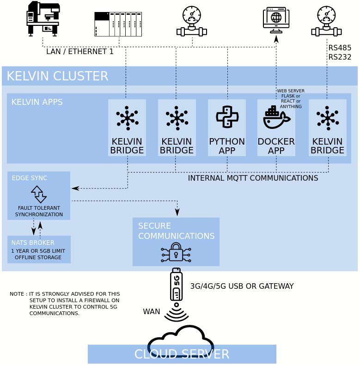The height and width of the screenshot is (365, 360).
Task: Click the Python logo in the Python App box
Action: pyautogui.click(x=227, y=117)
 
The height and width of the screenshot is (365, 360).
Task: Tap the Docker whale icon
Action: pyautogui.click(x=276, y=117)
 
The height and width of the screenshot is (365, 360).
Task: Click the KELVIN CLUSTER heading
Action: pyautogui.click(x=57, y=76)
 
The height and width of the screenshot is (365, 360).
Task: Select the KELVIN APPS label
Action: pyautogui.click(x=37, y=102)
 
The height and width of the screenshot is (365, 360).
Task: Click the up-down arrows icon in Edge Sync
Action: pyautogui.click(x=39, y=194)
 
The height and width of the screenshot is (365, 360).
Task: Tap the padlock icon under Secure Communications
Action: pyautogui.click(x=176, y=252)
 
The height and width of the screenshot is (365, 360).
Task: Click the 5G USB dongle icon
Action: pyautogui.click(x=176, y=284)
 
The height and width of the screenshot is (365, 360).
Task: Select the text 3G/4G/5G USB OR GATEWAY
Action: pyautogui.click(x=242, y=286)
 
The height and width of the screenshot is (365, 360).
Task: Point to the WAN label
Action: pyautogui.click(x=151, y=311)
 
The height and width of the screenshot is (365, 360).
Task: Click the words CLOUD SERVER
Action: pyautogui.click(x=182, y=354)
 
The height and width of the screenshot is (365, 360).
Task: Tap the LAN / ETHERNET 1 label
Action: pyautogui.click(x=79, y=51)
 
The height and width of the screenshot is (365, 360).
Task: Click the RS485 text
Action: pyautogui.click(x=340, y=48)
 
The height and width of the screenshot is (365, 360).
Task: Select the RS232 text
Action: pyautogui.click(x=340, y=57)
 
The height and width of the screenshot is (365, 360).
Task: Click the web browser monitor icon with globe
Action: pyautogui.click(x=276, y=19)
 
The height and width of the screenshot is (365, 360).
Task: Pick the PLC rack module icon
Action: pyautogui.click(x=118, y=24)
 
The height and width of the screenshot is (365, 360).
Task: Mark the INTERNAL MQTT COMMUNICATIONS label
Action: pyautogui.click(x=253, y=178)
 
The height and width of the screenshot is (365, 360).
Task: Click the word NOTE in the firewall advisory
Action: pyautogui.click(x=17, y=294)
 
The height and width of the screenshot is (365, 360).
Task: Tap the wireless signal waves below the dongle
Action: pyautogui.click(x=176, y=314)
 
